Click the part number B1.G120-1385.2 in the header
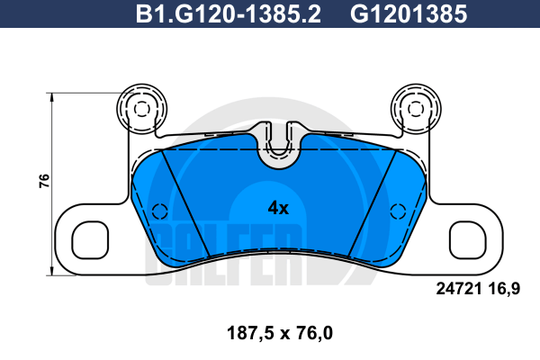point(228,14)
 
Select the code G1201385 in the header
point(409,14)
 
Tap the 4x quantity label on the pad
point(278,208)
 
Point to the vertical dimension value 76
point(44,181)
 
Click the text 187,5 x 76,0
point(280,333)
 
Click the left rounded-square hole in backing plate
point(90,240)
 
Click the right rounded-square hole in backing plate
point(468,240)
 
